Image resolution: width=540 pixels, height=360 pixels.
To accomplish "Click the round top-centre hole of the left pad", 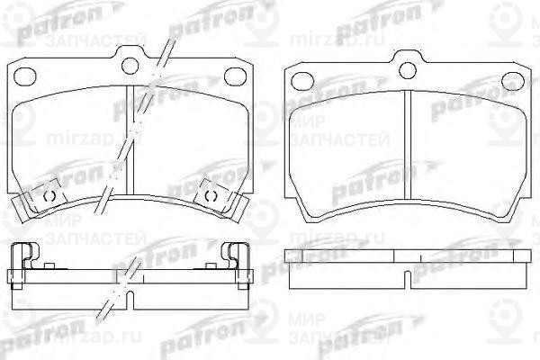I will click(x=134, y=63).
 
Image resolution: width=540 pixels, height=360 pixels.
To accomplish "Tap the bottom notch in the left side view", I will click(x=130, y=292).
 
